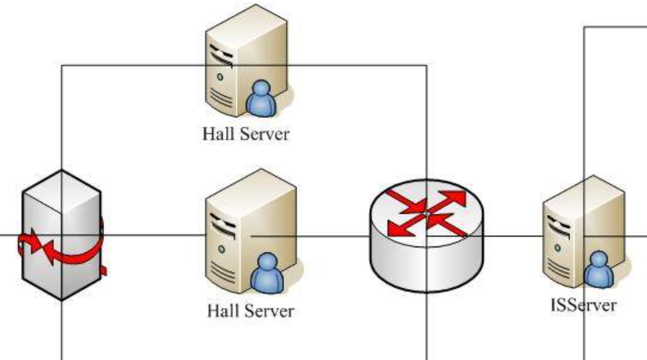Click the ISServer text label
(581, 305)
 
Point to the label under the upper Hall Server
(245, 134)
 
